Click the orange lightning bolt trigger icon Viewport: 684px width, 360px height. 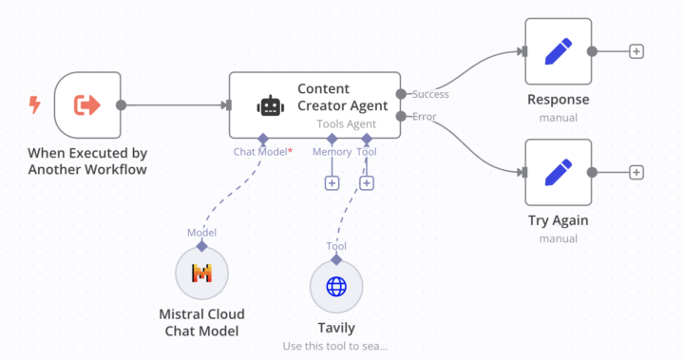click(x=35, y=104)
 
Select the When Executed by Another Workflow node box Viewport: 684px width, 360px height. click(x=87, y=105)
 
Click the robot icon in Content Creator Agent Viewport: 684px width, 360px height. click(x=271, y=106)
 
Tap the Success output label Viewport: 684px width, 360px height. click(x=430, y=94)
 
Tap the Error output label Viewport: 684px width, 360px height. click(x=424, y=117)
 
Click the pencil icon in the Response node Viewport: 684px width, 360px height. click(x=558, y=51)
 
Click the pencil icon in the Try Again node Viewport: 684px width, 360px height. click(x=558, y=172)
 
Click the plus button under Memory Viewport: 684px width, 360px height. click(x=332, y=183)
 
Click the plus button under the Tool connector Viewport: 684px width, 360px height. click(x=367, y=183)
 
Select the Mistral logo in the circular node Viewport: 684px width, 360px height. click(x=202, y=274)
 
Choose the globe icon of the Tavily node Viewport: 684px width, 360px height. click(x=337, y=286)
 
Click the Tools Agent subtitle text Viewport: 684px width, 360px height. click(x=347, y=123)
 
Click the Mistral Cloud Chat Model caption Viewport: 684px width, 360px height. click(x=201, y=323)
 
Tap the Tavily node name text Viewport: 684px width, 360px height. click(x=336, y=328)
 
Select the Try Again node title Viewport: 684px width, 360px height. click(x=558, y=220)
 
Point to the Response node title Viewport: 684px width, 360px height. click(x=558, y=100)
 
